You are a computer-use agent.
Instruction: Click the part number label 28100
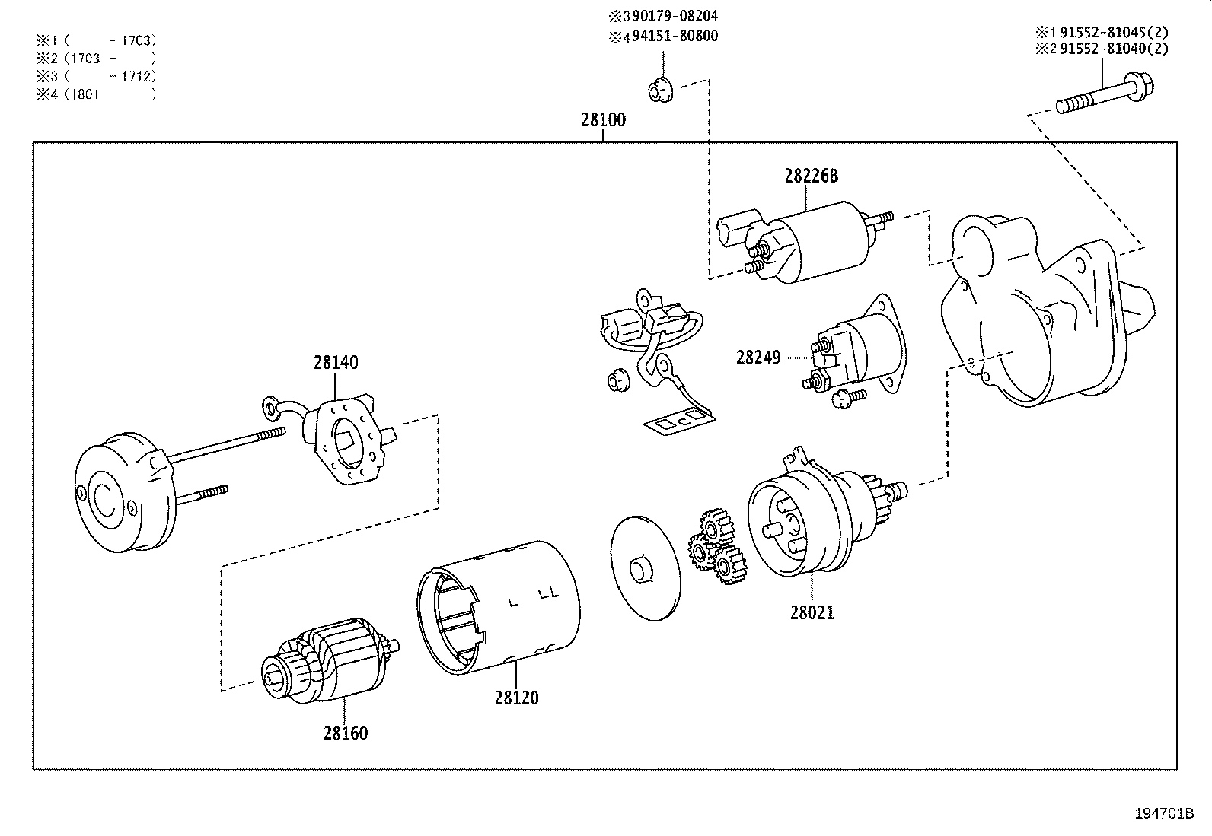[x=603, y=119]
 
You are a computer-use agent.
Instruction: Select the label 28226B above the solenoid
[x=811, y=176]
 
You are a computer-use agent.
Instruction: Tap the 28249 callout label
[x=757, y=358]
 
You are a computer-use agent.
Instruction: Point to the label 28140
[x=335, y=362]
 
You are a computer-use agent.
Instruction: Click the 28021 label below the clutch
[x=812, y=612]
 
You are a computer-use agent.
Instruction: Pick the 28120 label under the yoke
[x=516, y=698]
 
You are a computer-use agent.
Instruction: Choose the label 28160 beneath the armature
[x=345, y=733]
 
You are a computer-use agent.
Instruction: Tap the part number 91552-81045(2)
[x=1109, y=32]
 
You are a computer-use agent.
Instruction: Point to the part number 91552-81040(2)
[x=1109, y=49]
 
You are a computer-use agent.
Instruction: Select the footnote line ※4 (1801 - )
[x=95, y=94]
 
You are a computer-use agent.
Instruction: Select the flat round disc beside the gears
[x=644, y=568]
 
